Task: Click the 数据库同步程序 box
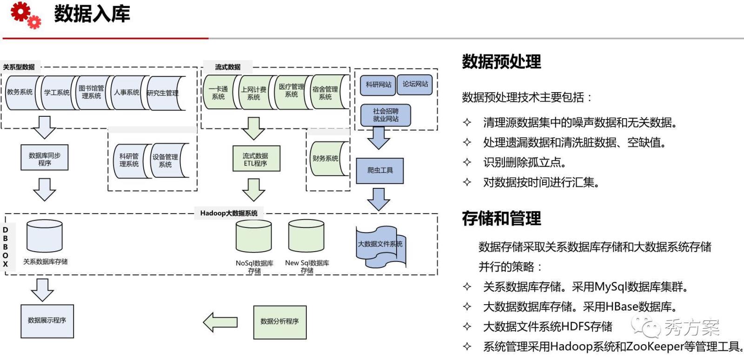click(x=45, y=158)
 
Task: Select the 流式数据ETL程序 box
click(x=256, y=159)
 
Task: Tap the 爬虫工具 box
click(x=379, y=171)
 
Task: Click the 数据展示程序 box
click(x=47, y=321)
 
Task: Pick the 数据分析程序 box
click(x=279, y=322)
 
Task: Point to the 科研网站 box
click(x=378, y=85)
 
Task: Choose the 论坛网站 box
click(x=415, y=85)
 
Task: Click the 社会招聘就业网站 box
click(x=385, y=115)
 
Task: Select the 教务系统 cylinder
click(x=20, y=93)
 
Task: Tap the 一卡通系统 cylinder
click(x=218, y=93)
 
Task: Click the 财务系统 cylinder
click(x=326, y=159)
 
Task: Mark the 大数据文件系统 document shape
click(x=380, y=245)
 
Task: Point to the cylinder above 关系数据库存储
click(x=45, y=236)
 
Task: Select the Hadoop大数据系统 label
click(x=229, y=213)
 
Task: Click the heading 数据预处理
click(x=501, y=61)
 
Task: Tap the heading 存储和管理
click(x=501, y=218)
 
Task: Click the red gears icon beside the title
click(x=25, y=14)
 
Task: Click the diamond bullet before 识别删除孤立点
click(x=467, y=162)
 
